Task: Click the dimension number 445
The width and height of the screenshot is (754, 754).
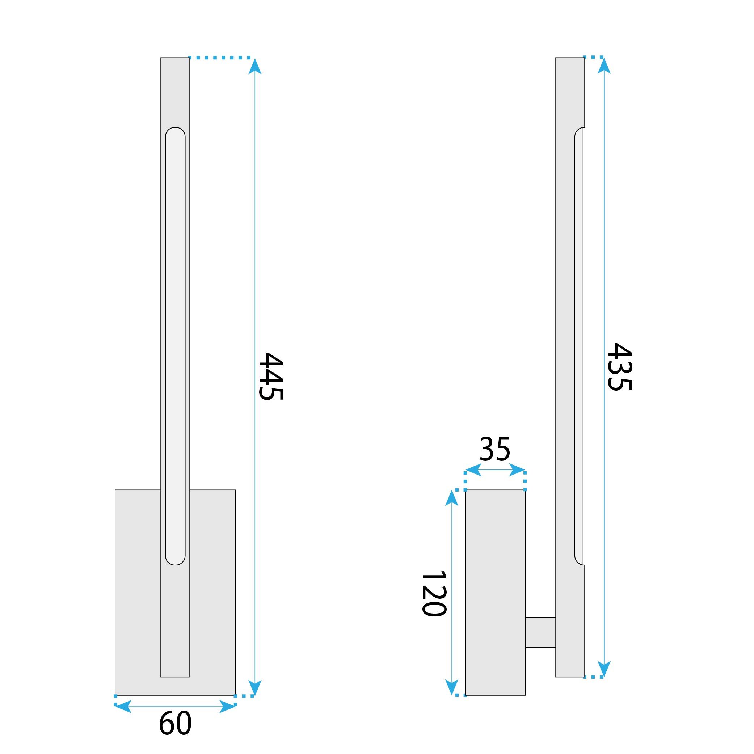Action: pos(271,376)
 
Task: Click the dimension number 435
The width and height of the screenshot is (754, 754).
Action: pos(619,367)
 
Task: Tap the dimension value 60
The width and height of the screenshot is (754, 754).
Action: pos(175,723)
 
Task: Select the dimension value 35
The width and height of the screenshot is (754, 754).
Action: pos(494,449)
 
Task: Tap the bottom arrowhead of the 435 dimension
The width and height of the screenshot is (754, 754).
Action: pos(604,669)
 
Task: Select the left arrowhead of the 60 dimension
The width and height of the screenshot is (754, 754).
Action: pos(123,706)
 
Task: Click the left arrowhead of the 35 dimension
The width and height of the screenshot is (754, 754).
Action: pos(473,470)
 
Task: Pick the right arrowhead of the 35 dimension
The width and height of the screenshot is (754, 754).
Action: pos(517,470)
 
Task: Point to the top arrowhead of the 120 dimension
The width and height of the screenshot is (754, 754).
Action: pos(451,498)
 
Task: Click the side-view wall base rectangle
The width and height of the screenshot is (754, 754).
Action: pos(495,593)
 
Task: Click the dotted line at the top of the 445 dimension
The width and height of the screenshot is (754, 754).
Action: pos(220,58)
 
